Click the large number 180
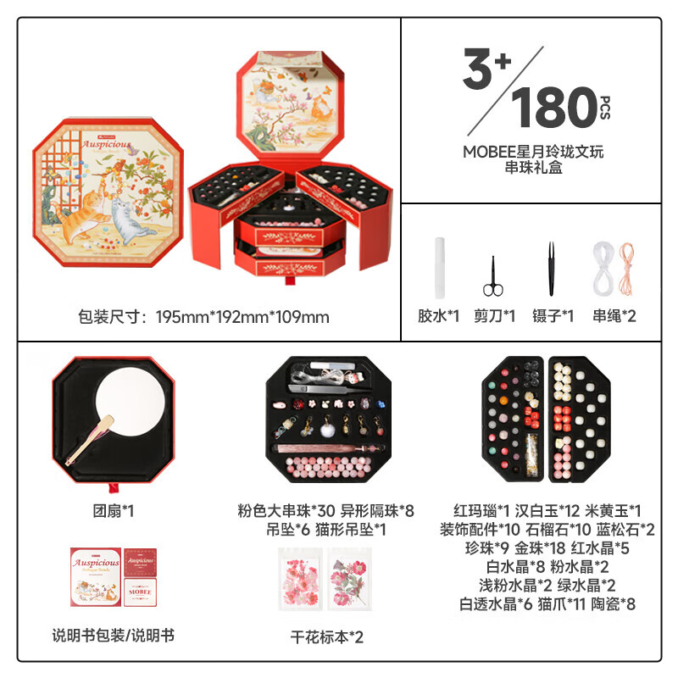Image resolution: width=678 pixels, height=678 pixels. pos(554,107)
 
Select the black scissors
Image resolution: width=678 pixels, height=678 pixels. pos(493,277)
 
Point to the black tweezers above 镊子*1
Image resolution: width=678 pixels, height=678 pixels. pos(551,269)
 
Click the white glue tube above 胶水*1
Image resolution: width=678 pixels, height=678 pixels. pos(440,268)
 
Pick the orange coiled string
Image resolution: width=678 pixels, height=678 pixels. pos(625,268)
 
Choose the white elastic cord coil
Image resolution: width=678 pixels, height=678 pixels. pos(604,268)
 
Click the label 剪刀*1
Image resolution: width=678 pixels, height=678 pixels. pos(494,316)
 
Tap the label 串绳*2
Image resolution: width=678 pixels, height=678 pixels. pos(614,316)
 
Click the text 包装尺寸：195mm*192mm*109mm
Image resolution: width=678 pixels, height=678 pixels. pos(203,317)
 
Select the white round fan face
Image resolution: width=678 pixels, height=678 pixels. pos(131,402)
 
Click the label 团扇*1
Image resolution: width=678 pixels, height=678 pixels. pos(114,511)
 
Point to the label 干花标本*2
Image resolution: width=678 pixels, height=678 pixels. pos(326,637)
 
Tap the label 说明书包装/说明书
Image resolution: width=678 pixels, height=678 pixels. pos(114,636)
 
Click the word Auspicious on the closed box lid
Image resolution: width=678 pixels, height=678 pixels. pos(107,144)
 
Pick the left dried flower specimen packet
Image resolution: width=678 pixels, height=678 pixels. pos(301,579)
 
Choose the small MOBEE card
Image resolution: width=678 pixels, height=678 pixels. pos(140,592)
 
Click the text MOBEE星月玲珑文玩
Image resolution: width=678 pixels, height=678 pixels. pos(533,152)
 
